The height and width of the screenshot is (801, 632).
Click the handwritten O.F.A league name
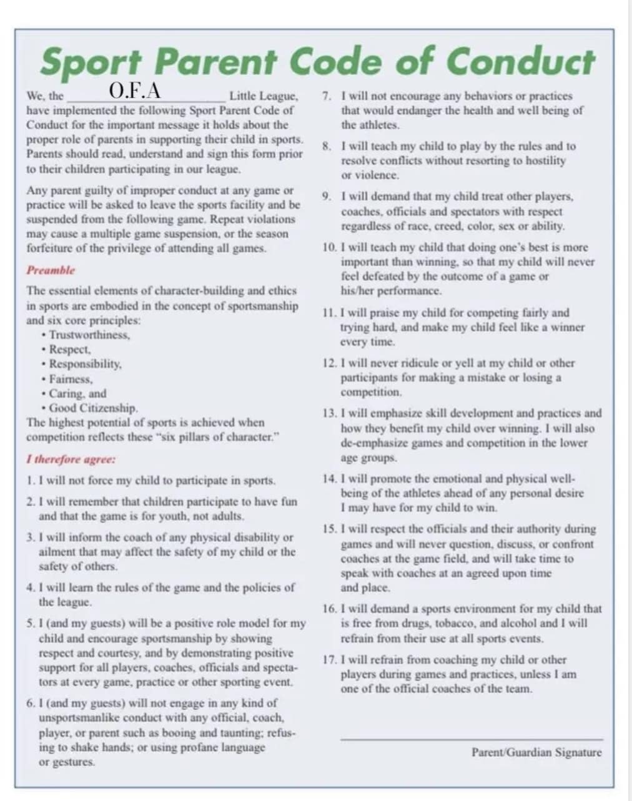135,91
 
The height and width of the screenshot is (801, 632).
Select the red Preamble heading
50,270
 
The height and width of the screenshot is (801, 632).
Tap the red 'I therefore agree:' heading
71,459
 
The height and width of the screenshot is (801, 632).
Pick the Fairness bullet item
71,379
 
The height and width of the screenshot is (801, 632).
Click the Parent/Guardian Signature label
536,752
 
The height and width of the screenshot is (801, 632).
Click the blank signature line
472,739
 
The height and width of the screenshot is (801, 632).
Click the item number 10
330,248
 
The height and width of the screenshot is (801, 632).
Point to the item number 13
330,413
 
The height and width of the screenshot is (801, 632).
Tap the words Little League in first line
263,97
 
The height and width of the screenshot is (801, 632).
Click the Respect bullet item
70,350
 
